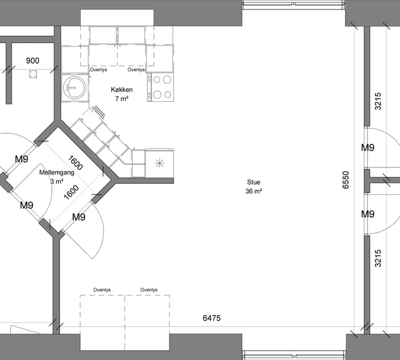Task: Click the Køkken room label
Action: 122,89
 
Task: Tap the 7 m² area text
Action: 122,99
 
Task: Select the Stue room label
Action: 254,182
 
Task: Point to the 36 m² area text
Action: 254,191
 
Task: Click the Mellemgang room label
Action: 57,172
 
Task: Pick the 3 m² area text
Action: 57,181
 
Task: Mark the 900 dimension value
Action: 32,61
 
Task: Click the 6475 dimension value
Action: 211,318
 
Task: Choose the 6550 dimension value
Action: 346,180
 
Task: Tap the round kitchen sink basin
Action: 74,87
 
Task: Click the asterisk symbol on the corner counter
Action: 159,163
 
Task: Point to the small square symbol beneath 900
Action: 33,74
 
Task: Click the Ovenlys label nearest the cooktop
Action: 136,69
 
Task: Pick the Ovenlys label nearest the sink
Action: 99,69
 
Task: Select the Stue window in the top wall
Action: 294,4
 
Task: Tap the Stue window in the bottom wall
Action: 294,355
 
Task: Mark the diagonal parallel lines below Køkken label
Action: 99,112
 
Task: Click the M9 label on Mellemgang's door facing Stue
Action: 79,217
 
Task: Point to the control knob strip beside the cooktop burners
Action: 149,87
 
